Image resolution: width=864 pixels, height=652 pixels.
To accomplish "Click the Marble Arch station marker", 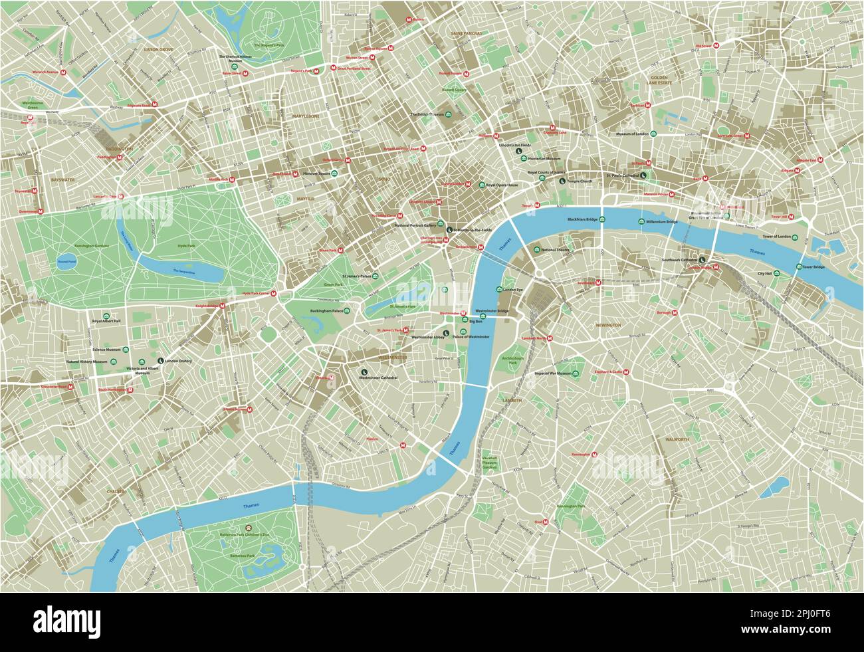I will coord(233,179).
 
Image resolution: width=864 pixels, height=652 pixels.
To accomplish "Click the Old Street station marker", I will coord(717,46).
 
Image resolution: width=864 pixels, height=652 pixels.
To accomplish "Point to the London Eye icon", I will coord(499,290).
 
